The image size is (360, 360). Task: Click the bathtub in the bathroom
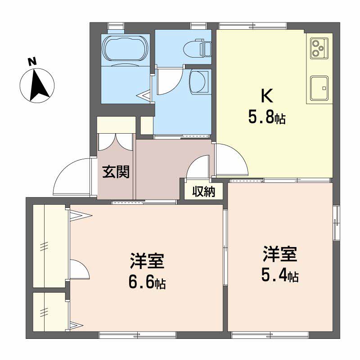pyautogui.click(x=125, y=49)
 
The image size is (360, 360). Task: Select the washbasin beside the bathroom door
pyautogui.click(x=199, y=82)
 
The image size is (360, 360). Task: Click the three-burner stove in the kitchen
pyautogui.click(x=319, y=48)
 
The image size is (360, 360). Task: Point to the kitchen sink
pyautogui.click(x=319, y=88)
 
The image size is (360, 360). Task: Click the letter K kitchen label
pyautogui.click(x=267, y=96)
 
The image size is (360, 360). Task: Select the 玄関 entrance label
pyautogui.click(x=116, y=171)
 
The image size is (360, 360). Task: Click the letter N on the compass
pyautogui.click(x=32, y=62)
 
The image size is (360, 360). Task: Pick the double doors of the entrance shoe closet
pyautogui.click(x=115, y=142)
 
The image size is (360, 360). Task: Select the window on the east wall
pyautogui.click(x=336, y=223)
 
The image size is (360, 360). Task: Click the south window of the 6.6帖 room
pyautogui.click(x=137, y=334)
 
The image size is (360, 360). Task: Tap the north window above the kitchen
pyautogui.click(x=252, y=26)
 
